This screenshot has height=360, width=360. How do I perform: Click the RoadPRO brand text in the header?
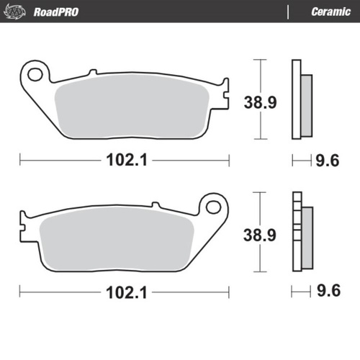pyautogui.click(x=56, y=12)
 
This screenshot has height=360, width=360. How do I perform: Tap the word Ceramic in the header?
pyautogui.click(x=330, y=12)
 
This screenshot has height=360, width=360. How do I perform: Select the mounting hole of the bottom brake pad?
pyautogui.click(x=212, y=207)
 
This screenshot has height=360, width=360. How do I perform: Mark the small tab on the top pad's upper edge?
pyautogui.click(x=91, y=72)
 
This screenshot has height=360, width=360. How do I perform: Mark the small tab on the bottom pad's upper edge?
pyautogui.click(x=153, y=207)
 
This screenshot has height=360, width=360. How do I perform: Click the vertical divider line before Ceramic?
pyautogui.click(x=288, y=12)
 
